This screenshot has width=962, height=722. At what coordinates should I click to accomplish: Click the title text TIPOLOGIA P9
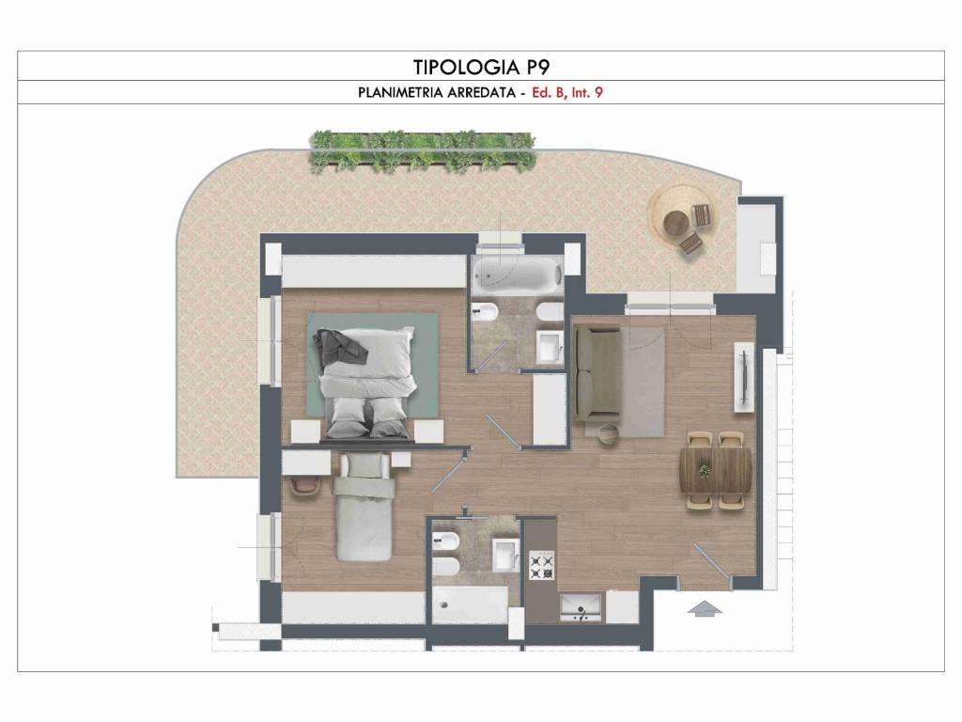point(480,67)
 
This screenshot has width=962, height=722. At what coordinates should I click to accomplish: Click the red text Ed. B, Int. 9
point(567,93)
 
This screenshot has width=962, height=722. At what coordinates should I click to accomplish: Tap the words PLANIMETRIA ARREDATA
point(437,93)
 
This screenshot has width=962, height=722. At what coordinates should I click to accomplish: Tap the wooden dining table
point(716,470)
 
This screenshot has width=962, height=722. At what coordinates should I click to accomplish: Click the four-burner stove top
point(542,565)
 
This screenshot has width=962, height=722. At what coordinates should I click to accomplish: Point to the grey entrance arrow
point(705,608)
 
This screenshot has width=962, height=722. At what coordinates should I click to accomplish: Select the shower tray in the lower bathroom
point(470,604)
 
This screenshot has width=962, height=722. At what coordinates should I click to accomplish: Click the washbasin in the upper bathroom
point(550,348)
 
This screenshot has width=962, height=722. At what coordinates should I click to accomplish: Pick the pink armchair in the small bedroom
point(305,486)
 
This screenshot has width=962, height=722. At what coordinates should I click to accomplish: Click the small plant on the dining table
point(705,471)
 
